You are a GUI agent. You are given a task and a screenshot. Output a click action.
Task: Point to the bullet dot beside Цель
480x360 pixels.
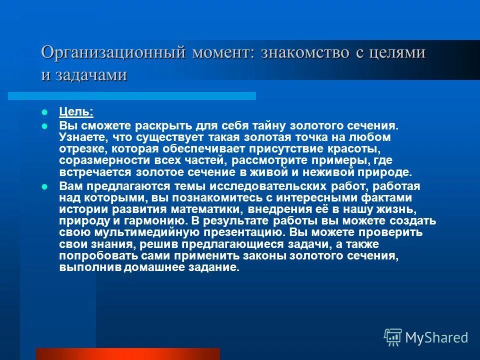pos(44,111)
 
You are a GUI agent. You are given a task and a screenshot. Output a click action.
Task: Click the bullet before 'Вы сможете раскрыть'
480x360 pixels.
pos(44,126)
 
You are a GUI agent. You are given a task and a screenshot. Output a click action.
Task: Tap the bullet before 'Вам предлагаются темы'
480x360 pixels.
pos(44,186)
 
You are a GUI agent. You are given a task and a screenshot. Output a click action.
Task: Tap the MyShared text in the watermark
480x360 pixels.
pos(436,337)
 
